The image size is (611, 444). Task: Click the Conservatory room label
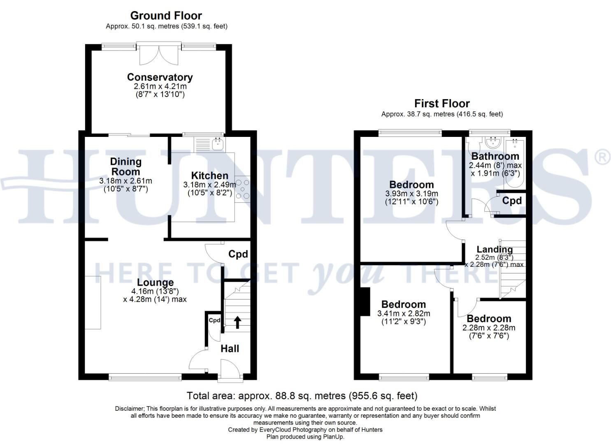pos(160,77)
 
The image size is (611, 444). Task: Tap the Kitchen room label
pos(209,176)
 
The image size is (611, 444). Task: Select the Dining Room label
pos(125,166)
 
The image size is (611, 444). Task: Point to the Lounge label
pos(155,282)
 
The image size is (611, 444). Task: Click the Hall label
pos(230,349)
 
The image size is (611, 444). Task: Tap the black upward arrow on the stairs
pos(237,321)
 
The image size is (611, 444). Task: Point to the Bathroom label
pos(495,156)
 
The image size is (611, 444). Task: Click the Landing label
pos(495,250)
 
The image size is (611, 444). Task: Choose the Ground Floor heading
pos(166,16)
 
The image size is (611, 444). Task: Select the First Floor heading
pos(442,103)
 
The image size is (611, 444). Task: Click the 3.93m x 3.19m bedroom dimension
pos(411,194)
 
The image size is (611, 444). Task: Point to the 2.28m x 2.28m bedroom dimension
pos(489,328)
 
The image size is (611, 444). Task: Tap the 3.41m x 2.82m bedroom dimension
pos(404,313)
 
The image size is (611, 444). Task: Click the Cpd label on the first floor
pos(512,201)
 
